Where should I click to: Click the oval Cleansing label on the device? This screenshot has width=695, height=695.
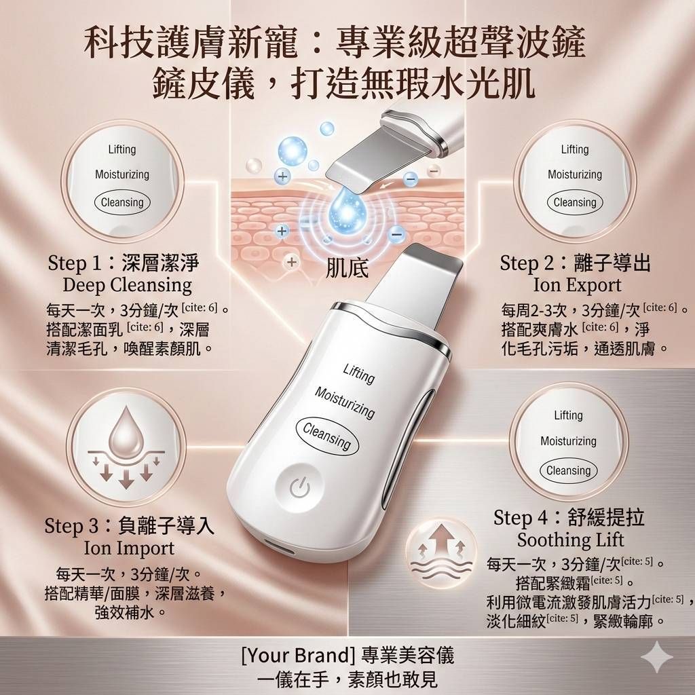pos(326,436)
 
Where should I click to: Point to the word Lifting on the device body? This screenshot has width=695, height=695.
pos(358,373)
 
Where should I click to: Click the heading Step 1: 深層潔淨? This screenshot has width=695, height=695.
pos(124,263)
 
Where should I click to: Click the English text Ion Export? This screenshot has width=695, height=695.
pos(577,284)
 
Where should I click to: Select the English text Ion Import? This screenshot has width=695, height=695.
pos(129,548)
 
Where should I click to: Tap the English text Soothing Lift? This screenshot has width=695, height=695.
pos(570,540)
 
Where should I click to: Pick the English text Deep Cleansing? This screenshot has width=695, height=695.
pos(127,285)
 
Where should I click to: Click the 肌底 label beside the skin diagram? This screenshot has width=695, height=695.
pos(347,267)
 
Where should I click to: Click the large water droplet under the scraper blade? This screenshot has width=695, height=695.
pos(347,210)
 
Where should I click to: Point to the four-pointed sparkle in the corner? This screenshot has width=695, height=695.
pos(657,658)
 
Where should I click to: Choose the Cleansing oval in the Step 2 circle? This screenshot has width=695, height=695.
pos(574,202)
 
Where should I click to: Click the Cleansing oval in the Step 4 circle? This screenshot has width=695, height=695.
pos(568,470)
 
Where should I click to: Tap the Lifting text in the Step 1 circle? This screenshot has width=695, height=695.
pos(122,149)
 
